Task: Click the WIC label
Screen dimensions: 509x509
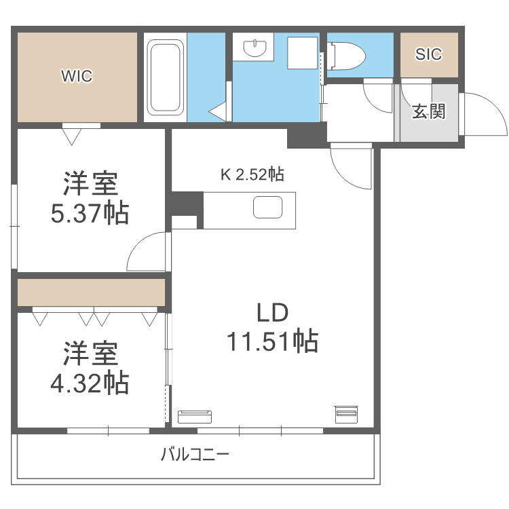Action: coord(77,76)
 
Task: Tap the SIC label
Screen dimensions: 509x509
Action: coord(428,54)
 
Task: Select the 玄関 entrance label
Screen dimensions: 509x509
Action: coord(428,111)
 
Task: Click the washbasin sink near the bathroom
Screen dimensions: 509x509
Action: coord(255,48)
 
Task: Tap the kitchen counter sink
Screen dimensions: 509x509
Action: coord(267,208)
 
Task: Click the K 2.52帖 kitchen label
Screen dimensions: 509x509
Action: coord(251,174)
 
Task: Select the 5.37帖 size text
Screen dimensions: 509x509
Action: coord(90,214)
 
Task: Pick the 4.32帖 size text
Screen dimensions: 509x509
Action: coord(90,383)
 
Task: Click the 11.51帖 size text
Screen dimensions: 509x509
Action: coord(272,341)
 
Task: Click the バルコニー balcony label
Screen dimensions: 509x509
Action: coord(195,454)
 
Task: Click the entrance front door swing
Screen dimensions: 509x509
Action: coord(483,114)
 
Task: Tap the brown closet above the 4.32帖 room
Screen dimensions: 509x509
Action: coord(91,293)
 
